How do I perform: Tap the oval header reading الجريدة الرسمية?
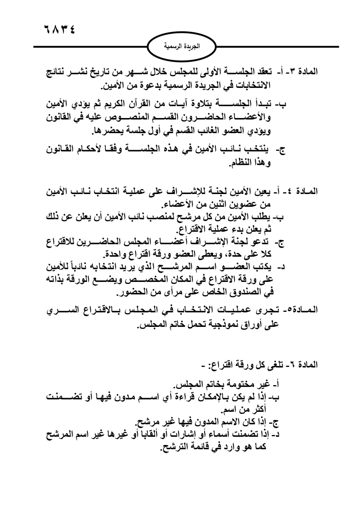pos(181,47)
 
